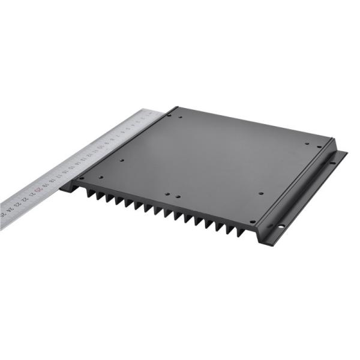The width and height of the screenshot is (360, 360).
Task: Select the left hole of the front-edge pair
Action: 169,195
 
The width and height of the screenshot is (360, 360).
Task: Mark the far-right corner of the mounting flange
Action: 346,154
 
